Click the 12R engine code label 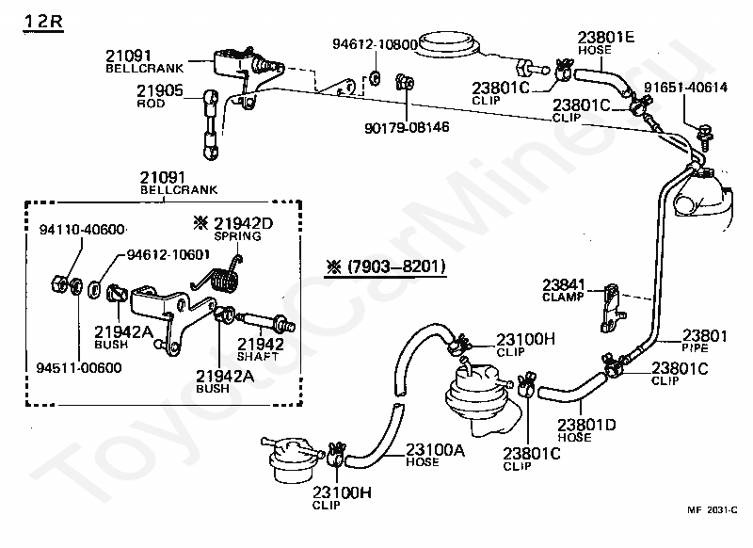42,19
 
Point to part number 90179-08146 406,125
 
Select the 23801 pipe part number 704,334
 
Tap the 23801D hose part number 586,425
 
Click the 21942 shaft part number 261,344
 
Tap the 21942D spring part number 243,222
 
